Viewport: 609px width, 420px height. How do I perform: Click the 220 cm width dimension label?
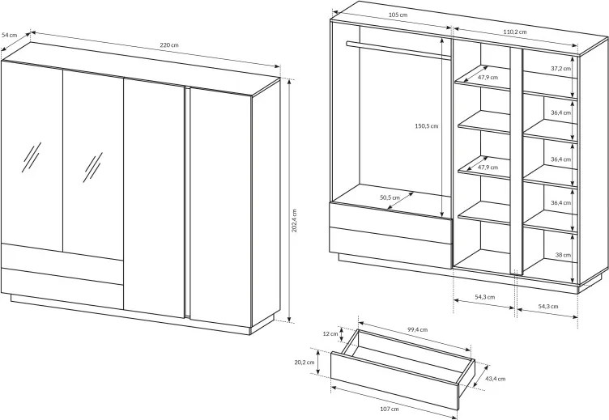[169, 45]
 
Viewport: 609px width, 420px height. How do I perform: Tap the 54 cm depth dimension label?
[10, 35]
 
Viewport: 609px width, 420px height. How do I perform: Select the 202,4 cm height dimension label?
[294, 220]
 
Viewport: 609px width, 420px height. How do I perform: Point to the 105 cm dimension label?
[398, 15]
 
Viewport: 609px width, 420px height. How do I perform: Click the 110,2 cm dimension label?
[515, 32]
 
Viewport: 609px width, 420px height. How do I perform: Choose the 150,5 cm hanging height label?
[427, 125]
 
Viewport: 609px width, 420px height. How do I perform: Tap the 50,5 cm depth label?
[390, 197]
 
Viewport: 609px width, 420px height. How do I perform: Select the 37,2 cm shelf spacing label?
[560, 68]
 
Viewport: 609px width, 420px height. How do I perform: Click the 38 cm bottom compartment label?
[563, 255]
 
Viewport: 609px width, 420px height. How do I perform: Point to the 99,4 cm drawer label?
[418, 329]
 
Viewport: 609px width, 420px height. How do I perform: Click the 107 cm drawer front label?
[390, 409]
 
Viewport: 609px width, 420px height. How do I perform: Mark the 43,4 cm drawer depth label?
[496, 379]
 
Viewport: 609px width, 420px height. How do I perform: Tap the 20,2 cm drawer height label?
[304, 363]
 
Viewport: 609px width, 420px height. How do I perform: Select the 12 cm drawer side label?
[330, 333]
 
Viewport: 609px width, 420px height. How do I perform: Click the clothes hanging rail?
[398, 50]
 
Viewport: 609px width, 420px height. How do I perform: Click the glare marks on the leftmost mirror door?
[32, 157]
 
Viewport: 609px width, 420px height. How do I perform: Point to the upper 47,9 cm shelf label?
[488, 77]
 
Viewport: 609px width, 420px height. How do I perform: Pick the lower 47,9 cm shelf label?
[488, 168]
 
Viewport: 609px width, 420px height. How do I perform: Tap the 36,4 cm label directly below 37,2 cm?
[560, 112]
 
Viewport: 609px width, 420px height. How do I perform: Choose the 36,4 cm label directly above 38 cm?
[560, 202]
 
